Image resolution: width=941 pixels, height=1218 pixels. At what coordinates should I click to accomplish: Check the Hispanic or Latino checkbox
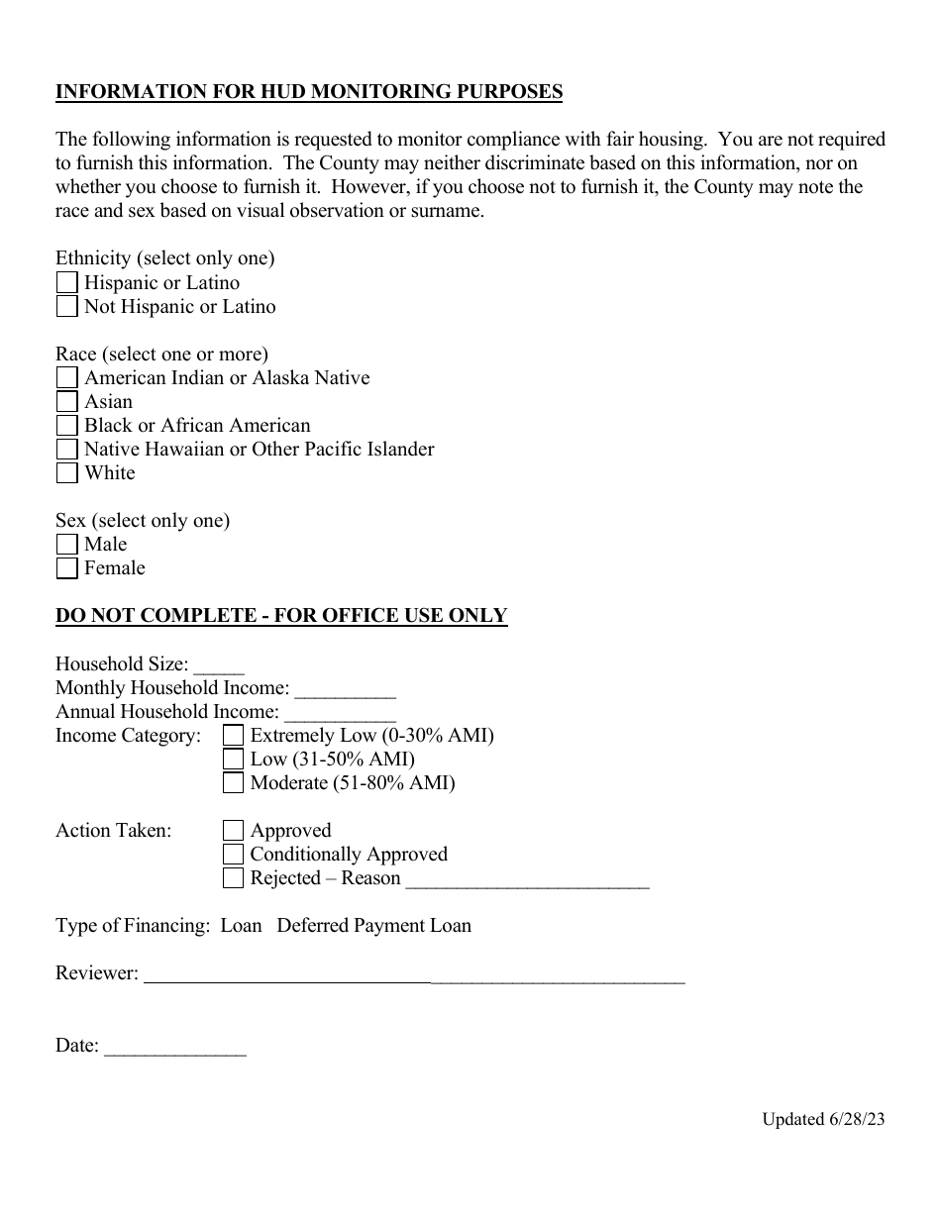click(x=66, y=283)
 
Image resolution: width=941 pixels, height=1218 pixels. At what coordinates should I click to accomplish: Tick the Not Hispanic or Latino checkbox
click(x=66, y=307)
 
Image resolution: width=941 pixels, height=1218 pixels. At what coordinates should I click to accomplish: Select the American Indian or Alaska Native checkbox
click(x=66, y=378)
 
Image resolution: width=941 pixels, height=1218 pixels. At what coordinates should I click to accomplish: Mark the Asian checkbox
click(x=66, y=402)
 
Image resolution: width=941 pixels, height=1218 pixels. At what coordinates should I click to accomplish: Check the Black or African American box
click(x=66, y=426)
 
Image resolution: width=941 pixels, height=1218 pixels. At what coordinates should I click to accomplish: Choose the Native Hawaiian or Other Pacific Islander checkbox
click(x=66, y=450)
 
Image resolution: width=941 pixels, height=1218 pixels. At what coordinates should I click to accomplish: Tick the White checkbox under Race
click(x=66, y=473)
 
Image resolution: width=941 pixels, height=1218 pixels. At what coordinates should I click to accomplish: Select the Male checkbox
click(x=66, y=545)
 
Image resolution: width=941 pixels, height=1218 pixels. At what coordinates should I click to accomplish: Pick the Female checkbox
click(x=66, y=568)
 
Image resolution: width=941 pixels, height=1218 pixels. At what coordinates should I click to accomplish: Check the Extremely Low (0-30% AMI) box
click(x=233, y=736)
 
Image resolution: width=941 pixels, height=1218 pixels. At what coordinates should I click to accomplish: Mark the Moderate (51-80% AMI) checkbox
click(x=233, y=783)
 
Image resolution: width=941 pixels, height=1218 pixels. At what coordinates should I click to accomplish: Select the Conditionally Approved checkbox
click(x=233, y=855)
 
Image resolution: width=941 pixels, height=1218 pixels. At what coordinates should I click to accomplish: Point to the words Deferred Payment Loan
click(x=373, y=926)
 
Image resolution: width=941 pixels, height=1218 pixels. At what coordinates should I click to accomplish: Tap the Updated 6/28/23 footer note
click(x=822, y=1120)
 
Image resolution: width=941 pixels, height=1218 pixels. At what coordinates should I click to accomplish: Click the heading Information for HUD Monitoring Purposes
click(x=309, y=92)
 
